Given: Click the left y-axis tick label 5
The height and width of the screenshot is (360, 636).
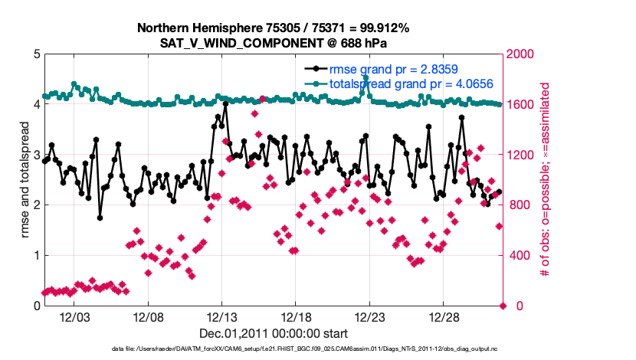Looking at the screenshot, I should (36, 54).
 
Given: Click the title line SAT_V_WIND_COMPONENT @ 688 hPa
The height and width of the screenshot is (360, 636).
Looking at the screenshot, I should (274, 42).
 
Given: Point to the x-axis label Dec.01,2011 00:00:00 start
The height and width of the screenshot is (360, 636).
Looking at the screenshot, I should (274, 333).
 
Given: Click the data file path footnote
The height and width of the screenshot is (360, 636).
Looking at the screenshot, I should (273, 349).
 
